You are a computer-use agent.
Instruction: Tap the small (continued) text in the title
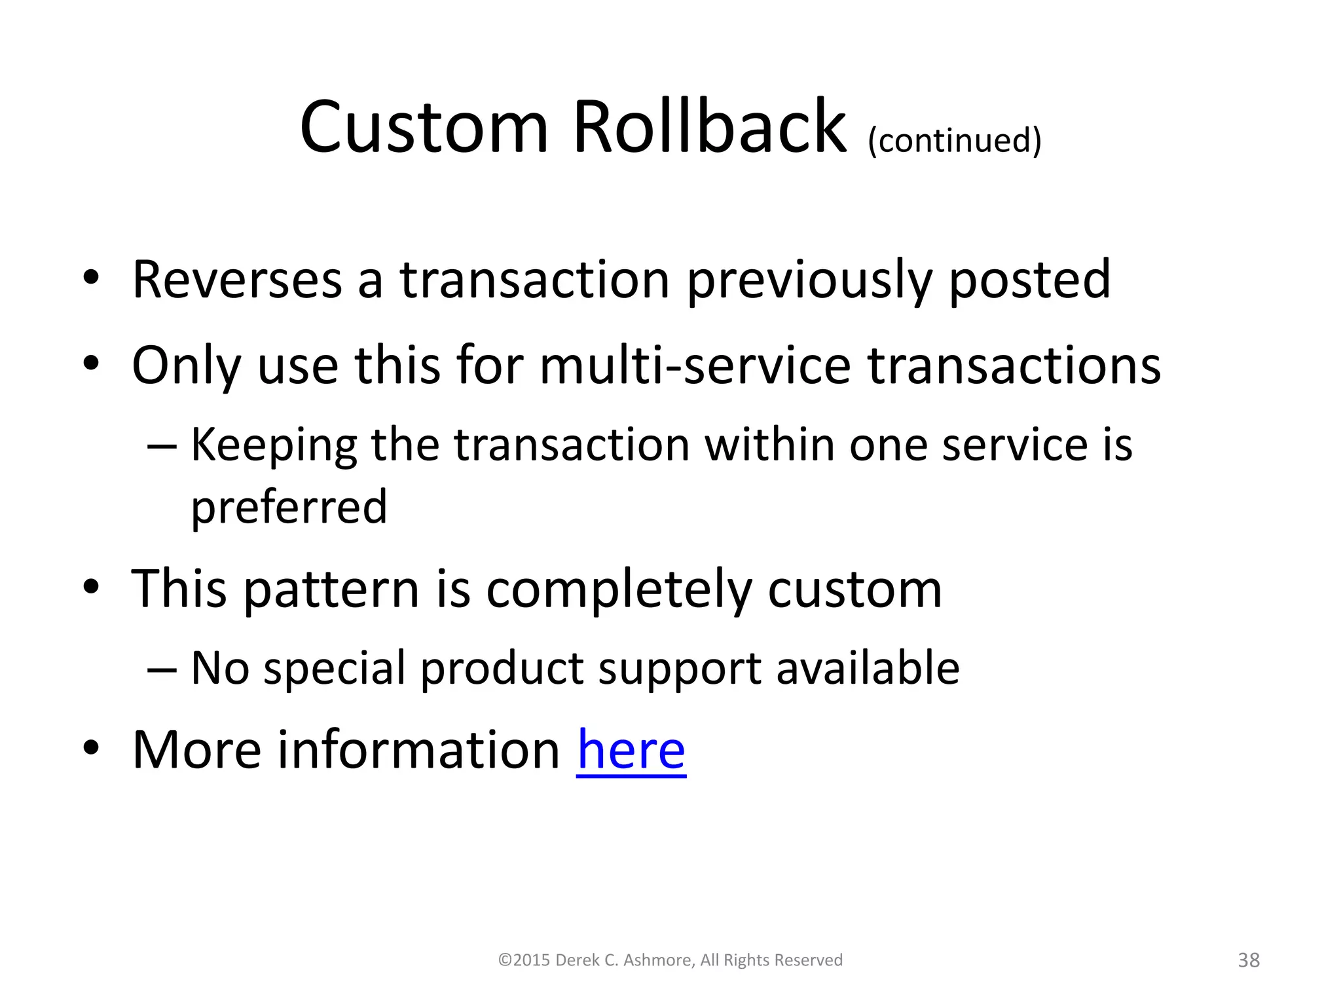pyautogui.click(x=954, y=140)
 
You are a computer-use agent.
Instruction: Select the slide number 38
pyautogui.click(x=1249, y=960)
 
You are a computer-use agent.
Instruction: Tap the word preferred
pyautogui.click(x=289, y=507)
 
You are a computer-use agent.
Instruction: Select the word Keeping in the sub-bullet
pyautogui.click(x=273, y=445)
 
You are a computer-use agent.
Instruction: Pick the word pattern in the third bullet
pyautogui.click(x=331, y=589)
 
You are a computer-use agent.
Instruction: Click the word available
pyautogui.click(x=868, y=668)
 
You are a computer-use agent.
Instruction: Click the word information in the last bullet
pyautogui.click(x=418, y=750)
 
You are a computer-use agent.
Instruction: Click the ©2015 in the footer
pyautogui.click(x=524, y=960)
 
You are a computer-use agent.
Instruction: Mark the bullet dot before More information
pyautogui.click(x=91, y=747)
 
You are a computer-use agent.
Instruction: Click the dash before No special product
pyautogui.click(x=162, y=669)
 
